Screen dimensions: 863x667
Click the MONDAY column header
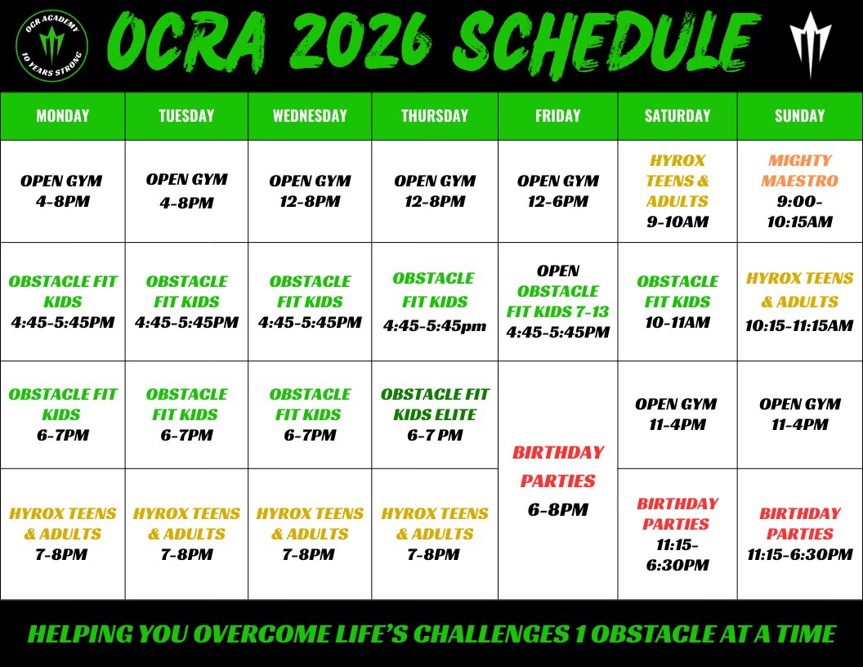click(x=63, y=115)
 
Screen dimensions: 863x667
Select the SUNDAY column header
click(x=800, y=115)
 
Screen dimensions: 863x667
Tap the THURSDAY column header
click(x=435, y=115)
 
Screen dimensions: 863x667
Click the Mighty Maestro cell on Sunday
click(x=800, y=191)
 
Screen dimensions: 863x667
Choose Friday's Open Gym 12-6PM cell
click(x=558, y=191)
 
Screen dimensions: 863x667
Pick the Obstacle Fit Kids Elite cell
click(x=435, y=415)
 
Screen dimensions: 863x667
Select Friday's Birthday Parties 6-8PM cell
click(x=558, y=481)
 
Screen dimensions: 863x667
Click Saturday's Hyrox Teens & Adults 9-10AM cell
click(x=677, y=191)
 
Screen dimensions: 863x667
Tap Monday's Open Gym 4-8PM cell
click(x=63, y=191)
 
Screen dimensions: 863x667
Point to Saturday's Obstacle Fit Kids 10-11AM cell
click(x=677, y=302)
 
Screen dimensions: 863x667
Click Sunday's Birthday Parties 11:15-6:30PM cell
click(x=800, y=534)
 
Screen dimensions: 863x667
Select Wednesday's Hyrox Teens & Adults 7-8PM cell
click(x=310, y=534)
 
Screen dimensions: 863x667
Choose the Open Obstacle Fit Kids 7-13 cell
click(x=558, y=302)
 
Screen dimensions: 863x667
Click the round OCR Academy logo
click(x=51, y=46)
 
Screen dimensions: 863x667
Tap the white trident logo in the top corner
click(x=810, y=45)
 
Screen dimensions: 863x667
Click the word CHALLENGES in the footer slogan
click(x=491, y=634)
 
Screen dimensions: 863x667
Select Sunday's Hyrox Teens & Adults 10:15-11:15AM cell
click(x=800, y=302)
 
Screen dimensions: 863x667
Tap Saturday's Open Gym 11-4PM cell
click(x=677, y=415)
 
